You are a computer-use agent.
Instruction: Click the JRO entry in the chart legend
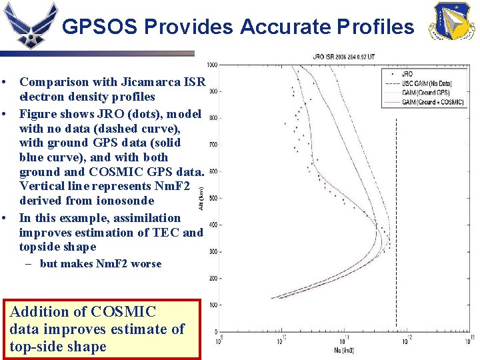pos(408,73)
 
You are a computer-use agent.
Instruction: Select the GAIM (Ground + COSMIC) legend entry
pos(431,101)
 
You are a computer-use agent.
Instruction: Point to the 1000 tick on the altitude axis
pos(212,65)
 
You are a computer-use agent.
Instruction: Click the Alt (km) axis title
pos(202,198)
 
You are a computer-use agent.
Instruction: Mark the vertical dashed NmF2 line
pos(397,220)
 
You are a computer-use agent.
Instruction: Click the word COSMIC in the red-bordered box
pos(123,312)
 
